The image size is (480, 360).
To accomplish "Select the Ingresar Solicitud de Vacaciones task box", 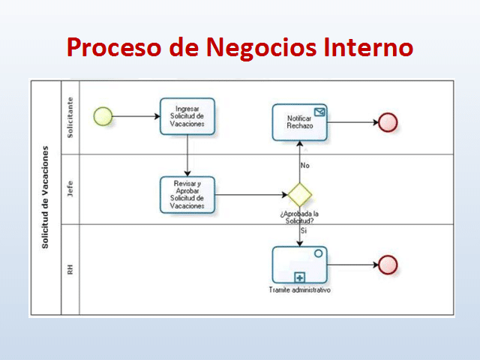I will click(x=187, y=116).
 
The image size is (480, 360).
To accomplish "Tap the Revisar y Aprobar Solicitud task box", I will click(x=187, y=195).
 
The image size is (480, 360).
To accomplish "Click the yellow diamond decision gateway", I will click(x=300, y=194).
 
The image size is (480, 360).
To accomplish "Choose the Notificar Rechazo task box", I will click(x=300, y=122).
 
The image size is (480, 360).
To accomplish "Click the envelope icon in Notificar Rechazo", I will click(x=320, y=112).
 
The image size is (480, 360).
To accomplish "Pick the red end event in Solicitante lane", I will click(x=388, y=122).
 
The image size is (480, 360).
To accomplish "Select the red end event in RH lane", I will click(x=388, y=264).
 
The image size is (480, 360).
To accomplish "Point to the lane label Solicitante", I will click(x=70, y=116).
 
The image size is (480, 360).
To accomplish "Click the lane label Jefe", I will click(x=70, y=190).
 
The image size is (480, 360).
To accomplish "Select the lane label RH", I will click(x=70, y=268).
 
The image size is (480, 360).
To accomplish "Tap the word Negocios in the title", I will click(x=253, y=47).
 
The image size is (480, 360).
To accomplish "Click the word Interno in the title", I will click(x=368, y=47).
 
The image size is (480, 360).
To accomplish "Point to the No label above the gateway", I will click(x=304, y=165).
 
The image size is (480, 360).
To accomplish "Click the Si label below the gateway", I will click(x=304, y=231).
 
